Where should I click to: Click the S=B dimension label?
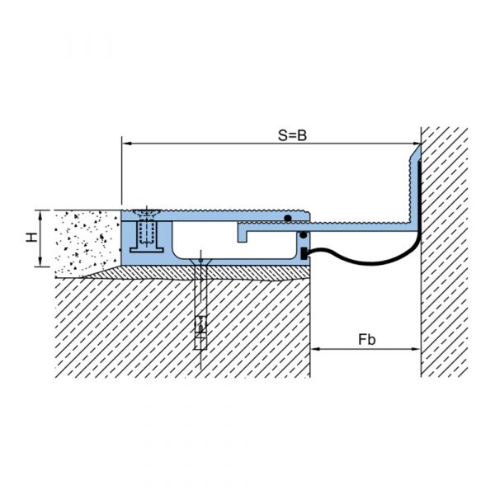click(292, 135)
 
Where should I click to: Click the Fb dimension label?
click(367, 340)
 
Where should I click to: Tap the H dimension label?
click(31, 237)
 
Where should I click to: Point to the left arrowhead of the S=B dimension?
click(126, 144)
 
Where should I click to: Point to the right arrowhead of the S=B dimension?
click(416, 144)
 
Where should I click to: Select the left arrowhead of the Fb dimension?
click(315, 349)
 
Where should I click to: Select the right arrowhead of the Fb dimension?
click(416, 349)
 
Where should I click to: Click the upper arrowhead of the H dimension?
click(40, 215)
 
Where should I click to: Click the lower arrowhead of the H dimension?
click(40, 262)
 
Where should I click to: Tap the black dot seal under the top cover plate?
click(287, 218)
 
